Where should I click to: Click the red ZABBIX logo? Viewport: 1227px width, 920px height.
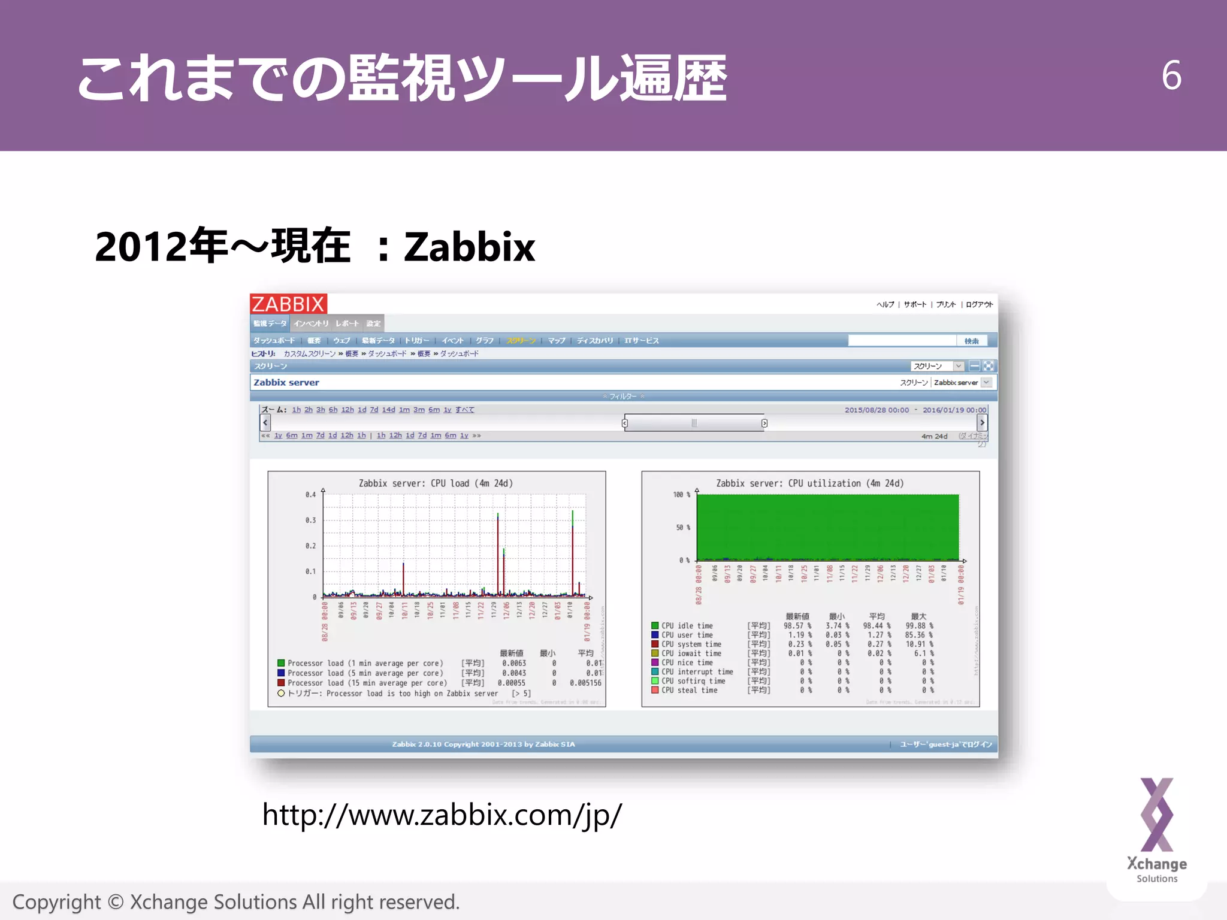click(288, 304)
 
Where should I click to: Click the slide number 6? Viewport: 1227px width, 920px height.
click(1171, 76)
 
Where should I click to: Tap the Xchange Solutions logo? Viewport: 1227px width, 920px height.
click(1156, 830)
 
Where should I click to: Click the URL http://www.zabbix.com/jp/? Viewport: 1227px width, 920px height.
click(442, 815)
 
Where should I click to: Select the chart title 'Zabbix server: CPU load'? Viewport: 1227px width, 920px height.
click(436, 483)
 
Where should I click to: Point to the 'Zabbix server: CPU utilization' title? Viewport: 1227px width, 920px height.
click(809, 483)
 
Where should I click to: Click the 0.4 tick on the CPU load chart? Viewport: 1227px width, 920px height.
click(310, 495)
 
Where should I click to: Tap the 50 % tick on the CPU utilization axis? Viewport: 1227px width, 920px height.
click(682, 528)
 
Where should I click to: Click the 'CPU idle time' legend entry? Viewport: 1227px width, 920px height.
click(687, 626)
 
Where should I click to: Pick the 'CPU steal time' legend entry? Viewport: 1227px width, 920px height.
click(689, 691)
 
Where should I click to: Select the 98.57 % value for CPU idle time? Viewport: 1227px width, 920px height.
click(797, 626)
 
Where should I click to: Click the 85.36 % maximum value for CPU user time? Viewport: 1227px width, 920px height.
click(918, 635)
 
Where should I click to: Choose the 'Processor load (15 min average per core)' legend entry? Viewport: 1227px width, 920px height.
click(367, 683)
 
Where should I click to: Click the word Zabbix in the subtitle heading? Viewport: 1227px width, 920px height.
click(469, 247)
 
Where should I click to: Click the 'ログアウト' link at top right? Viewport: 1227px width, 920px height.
click(979, 304)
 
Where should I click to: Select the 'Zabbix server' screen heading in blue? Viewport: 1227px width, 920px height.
click(286, 383)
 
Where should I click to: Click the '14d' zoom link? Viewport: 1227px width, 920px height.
click(388, 410)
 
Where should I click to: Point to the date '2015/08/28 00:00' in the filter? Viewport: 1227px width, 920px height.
click(877, 410)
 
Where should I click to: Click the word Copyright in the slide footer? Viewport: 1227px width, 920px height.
click(57, 902)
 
